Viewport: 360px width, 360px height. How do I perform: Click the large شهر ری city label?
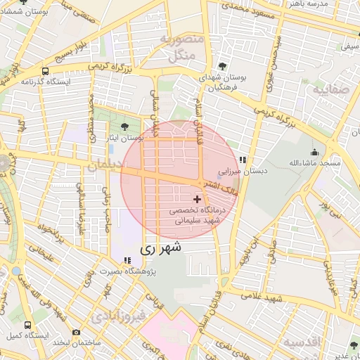tap(161, 247)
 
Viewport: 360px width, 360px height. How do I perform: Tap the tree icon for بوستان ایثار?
tap(124, 127)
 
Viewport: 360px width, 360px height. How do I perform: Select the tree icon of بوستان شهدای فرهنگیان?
tap(223, 66)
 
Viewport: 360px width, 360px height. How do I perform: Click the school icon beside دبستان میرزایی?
tap(243, 160)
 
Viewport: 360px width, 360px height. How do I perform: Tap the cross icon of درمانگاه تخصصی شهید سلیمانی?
tap(196, 200)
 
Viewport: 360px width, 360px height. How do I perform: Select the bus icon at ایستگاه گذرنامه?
tap(46, 71)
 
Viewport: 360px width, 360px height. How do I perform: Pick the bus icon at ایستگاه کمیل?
tap(27, 325)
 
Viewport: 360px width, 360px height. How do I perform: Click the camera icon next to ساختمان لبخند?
tap(76, 331)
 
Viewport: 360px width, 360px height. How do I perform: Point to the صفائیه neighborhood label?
tap(329, 91)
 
